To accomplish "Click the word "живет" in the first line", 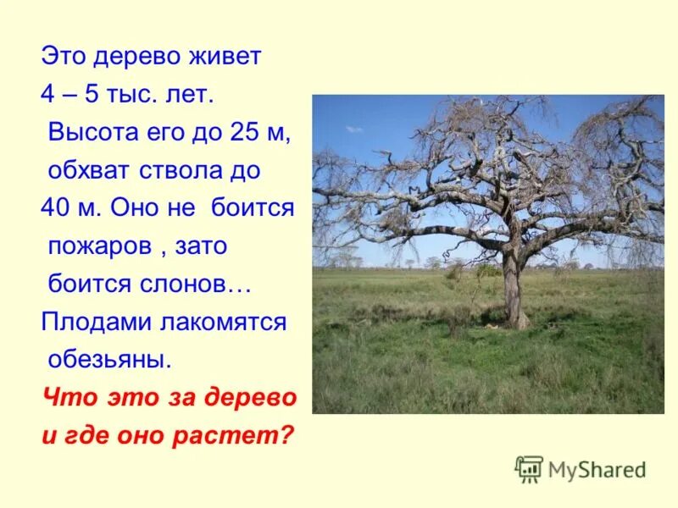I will coord(229,57).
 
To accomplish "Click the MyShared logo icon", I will coord(529,468).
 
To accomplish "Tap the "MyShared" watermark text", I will coord(597,469).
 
